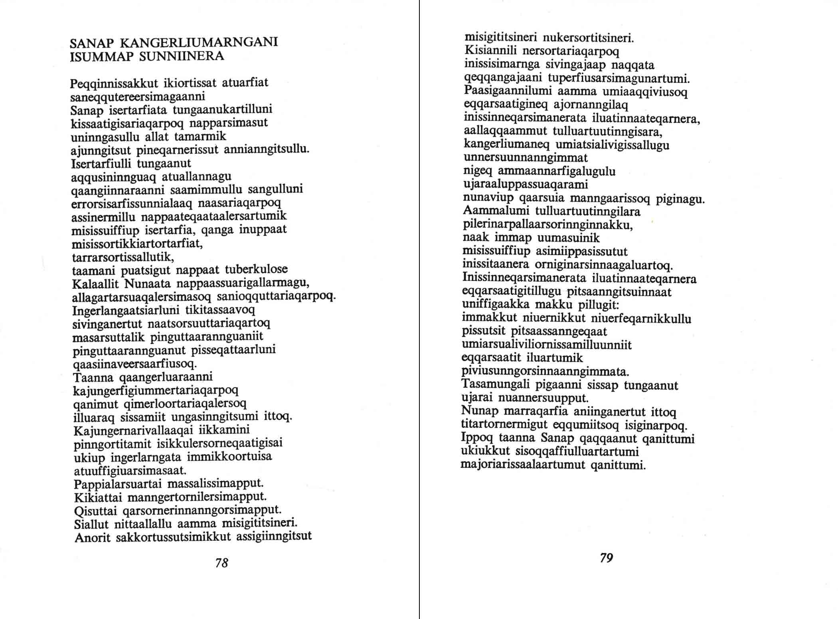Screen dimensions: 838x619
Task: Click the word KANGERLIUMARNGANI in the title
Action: click(199, 43)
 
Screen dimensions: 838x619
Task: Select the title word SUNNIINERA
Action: click(182, 56)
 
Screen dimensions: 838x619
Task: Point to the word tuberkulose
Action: click(256, 270)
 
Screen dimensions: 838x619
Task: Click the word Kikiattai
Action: click(98, 498)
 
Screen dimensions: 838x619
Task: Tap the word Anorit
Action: click(92, 538)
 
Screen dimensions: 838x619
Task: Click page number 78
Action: click(221, 563)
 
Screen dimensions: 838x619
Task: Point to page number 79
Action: click(606, 558)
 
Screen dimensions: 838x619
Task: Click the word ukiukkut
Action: click(485, 451)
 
